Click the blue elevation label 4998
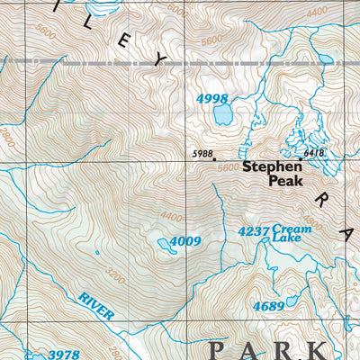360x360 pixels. [212, 97]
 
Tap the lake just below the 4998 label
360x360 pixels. [221, 114]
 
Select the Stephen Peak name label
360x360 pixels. [273, 172]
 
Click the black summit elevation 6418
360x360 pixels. [314, 154]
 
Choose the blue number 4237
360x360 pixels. [253, 230]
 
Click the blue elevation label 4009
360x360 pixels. [184, 241]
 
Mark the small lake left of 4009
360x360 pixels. [162, 243]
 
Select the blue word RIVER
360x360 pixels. [96, 306]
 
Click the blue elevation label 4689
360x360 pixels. [268, 306]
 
